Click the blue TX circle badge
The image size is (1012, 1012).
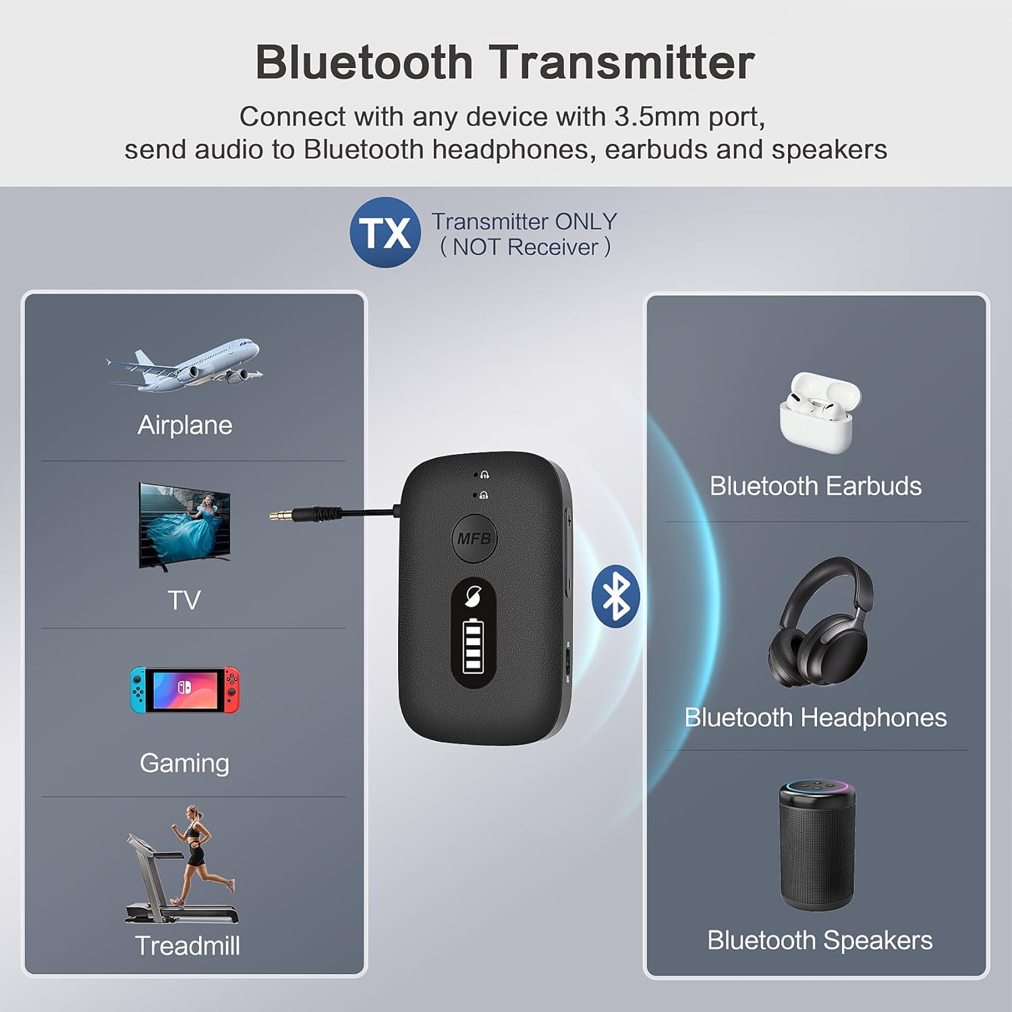(x=385, y=233)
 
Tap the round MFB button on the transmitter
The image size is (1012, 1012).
(x=474, y=538)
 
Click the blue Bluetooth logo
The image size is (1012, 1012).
(x=615, y=596)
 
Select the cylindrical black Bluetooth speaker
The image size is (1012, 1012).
(x=818, y=846)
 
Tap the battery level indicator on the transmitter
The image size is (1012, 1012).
(x=473, y=647)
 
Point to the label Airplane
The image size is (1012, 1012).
(x=185, y=425)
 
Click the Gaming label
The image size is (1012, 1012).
(x=184, y=763)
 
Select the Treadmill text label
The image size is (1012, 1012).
(x=187, y=946)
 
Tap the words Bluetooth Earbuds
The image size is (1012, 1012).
(x=815, y=486)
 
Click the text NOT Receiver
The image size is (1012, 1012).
(x=525, y=248)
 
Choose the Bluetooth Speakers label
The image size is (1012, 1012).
(x=819, y=940)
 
